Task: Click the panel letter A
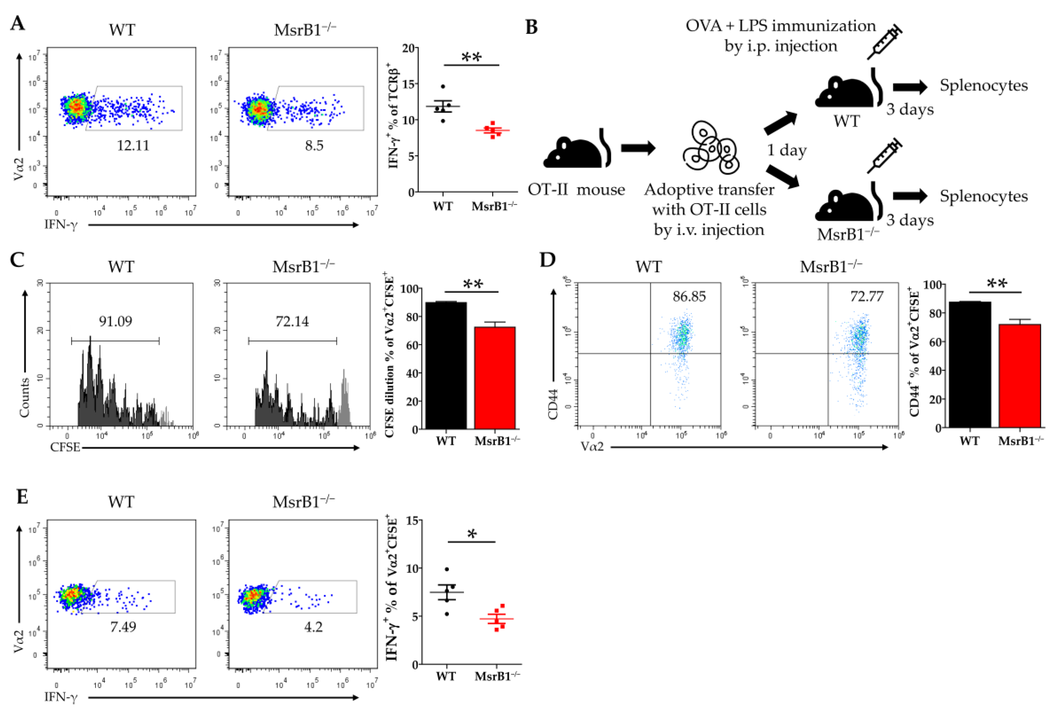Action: point(18,23)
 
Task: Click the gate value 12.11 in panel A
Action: point(133,146)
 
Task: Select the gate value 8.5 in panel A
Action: point(314,146)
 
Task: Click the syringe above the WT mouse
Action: point(884,43)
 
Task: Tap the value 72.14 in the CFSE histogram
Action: point(292,322)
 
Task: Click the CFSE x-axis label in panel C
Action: point(65,447)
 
